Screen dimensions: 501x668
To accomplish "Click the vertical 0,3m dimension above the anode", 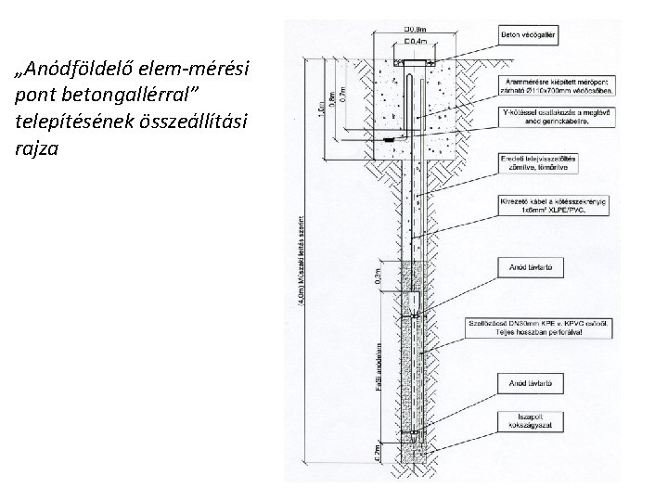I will [379, 274].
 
